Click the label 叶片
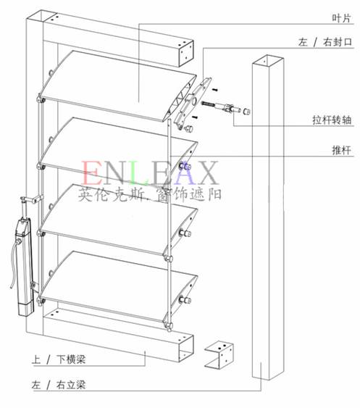[341, 18]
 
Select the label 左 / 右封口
[325, 42]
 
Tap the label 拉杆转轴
[332, 120]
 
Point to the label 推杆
[342, 150]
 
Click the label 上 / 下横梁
[58, 359]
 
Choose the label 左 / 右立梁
[58, 385]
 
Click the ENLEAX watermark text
[149, 173]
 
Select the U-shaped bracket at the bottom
[219, 355]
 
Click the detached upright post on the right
[268, 217]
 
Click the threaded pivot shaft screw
[208, 104]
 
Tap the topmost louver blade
[117, 86]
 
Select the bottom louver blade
[117, 286]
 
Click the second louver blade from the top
[117, 153]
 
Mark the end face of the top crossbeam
[186, 54]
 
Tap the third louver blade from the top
[117, 220]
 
